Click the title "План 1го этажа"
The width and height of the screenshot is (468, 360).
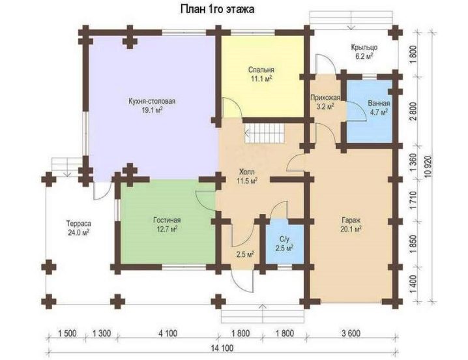217,9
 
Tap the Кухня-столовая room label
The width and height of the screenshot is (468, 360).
152,101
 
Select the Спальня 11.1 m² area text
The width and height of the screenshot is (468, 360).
261,79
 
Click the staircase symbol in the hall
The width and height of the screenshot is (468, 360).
264,134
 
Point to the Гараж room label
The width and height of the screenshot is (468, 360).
351,220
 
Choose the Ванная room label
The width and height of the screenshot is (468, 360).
379,103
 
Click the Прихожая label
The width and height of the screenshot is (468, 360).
325,97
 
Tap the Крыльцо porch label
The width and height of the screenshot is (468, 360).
364,47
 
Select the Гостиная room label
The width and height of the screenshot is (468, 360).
167,220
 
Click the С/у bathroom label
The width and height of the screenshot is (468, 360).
284,239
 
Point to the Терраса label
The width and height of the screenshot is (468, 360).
78,224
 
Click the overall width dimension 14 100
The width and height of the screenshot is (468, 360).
222,348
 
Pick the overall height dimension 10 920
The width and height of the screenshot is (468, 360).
429,166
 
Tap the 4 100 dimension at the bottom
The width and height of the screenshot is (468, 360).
168,333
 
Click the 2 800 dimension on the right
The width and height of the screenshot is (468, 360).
413,111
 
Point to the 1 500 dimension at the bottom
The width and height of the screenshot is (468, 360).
67,333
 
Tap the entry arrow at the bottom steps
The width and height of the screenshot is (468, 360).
263,314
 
